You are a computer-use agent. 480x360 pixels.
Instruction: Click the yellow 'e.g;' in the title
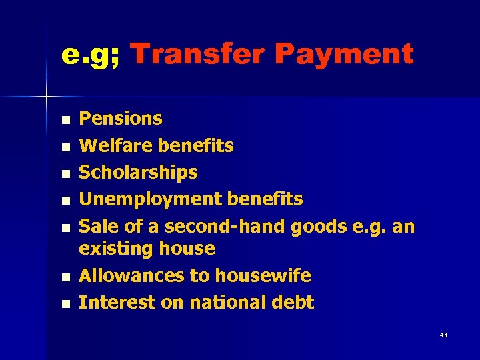pyautogui.click(x=90, y=55)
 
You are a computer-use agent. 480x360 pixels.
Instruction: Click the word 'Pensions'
pyautogui.click(x=121, y=119)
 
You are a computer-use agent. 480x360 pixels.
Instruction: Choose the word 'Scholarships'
pyautogui.click(x=138, y=173)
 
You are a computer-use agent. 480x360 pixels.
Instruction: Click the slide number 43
pyautogui.click(x=443, y=335)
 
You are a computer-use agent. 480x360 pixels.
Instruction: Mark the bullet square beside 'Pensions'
pyautogui.click(x=64, y=120)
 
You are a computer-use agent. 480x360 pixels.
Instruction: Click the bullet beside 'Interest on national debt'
pyautogui.click(x=64, y=303)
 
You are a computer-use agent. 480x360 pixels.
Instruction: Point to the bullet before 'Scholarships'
pyautogui.click(x=64, y=174)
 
